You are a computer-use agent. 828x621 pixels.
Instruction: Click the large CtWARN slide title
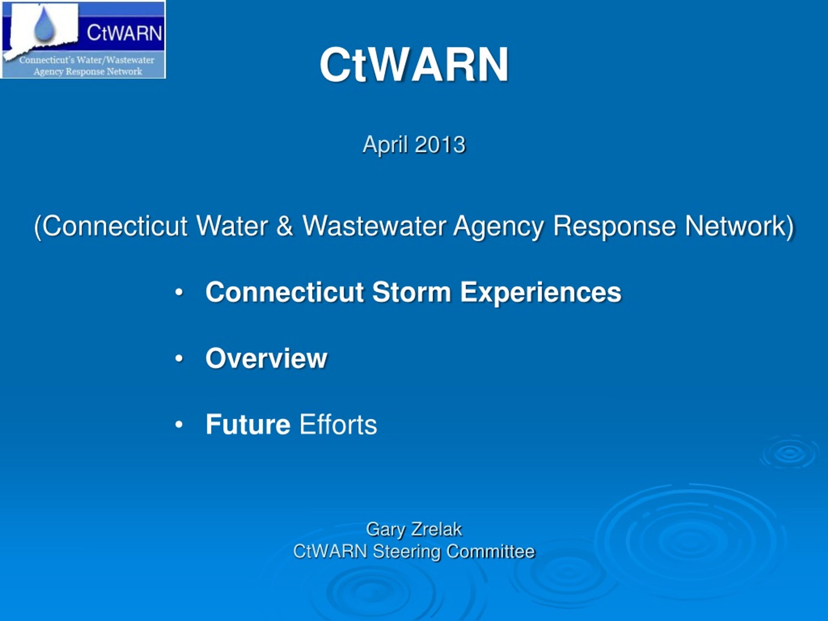414,64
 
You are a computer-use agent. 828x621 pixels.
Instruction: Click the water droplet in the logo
45,24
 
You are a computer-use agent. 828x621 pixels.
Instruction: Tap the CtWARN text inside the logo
124,33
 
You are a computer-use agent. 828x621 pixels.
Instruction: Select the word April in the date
385,145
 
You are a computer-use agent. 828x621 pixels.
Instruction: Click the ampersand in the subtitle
285,226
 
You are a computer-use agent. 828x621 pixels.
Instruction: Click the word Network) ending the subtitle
739,226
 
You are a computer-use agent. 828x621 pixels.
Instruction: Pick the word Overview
266,358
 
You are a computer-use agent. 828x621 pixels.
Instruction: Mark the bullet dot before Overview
179,359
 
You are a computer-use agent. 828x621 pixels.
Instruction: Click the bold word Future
248,424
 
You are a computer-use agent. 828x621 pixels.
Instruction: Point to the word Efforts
338,424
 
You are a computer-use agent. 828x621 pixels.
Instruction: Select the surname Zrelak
436,529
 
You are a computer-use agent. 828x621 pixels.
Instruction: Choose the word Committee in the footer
491,551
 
